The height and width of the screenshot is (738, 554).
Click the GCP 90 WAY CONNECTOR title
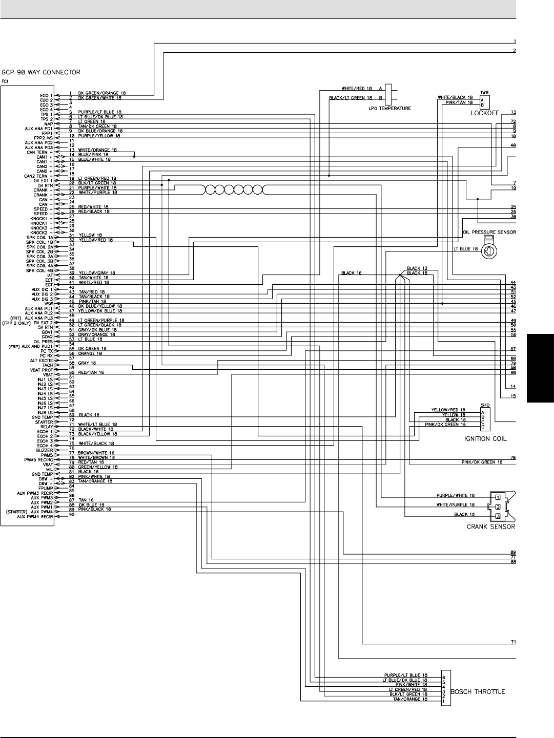tap(41, 72)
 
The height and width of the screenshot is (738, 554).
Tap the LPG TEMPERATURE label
tap(390, 109)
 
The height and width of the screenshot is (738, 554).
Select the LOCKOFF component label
tap(485, 113)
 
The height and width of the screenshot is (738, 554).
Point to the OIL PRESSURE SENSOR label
tap(489, 232)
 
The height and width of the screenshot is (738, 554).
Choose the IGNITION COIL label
tap(485, 439)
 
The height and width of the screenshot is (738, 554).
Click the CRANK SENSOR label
tap(490, 526)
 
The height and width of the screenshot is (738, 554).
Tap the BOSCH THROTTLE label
tap(477, 691)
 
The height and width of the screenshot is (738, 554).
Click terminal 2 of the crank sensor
tap(497, 507)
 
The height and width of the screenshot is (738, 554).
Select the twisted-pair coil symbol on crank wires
tap(233, 190)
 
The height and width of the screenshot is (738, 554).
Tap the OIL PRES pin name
tap(44, 342)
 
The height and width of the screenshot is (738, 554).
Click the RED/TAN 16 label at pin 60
tap(91, 372)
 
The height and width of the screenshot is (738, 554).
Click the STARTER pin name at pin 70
tap(44, 422)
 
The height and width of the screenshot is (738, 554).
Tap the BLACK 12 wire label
tap(417, 268)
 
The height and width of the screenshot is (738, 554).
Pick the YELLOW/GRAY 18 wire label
tap(96, 273)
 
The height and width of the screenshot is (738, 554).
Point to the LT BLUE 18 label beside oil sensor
tap(465, 249)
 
